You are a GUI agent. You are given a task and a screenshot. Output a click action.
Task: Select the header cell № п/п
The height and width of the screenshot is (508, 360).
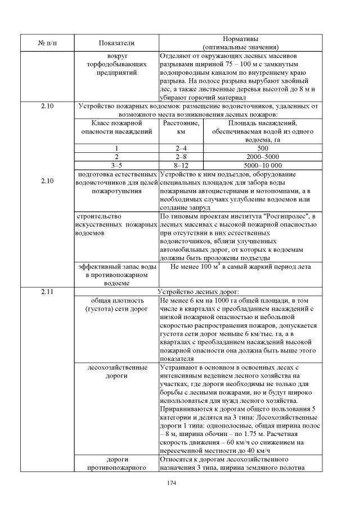(x=47, y=43)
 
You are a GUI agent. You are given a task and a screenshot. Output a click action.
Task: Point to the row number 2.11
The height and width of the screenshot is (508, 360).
(x=47, y=291)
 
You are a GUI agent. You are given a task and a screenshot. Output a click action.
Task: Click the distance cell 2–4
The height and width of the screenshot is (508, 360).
(x=181, y=148)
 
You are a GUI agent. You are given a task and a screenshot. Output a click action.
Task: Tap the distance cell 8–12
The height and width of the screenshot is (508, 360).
(x=181, y=165)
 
